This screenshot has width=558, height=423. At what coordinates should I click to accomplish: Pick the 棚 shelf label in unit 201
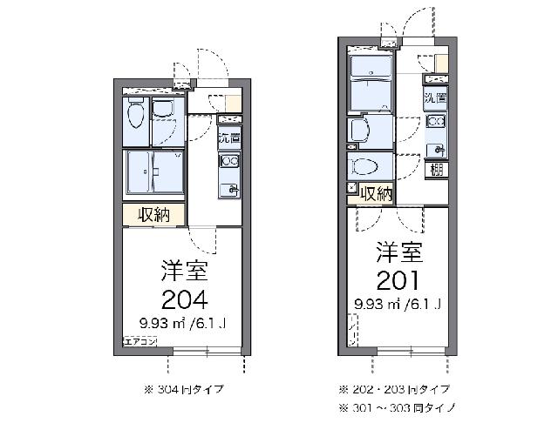point(434,169)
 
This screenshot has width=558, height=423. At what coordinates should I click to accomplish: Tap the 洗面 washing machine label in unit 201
point(435,99)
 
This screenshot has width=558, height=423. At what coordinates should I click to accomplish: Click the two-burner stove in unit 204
point(229,161)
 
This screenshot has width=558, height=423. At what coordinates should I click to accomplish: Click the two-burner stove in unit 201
point(435,122)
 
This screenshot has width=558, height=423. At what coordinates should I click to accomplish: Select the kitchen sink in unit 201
point(435,148)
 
